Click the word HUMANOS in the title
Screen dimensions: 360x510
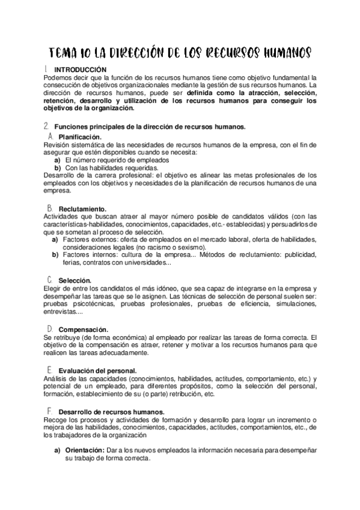pos(287,53)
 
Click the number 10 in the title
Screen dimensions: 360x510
pos(88,53)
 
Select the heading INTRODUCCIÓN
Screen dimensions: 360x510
pos(80,70)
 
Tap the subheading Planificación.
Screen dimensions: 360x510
pos(81,137)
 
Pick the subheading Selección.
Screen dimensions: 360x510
pos(75,281)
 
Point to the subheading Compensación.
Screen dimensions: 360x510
pos(84,330)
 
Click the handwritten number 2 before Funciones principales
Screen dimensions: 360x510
pos(46,126)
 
